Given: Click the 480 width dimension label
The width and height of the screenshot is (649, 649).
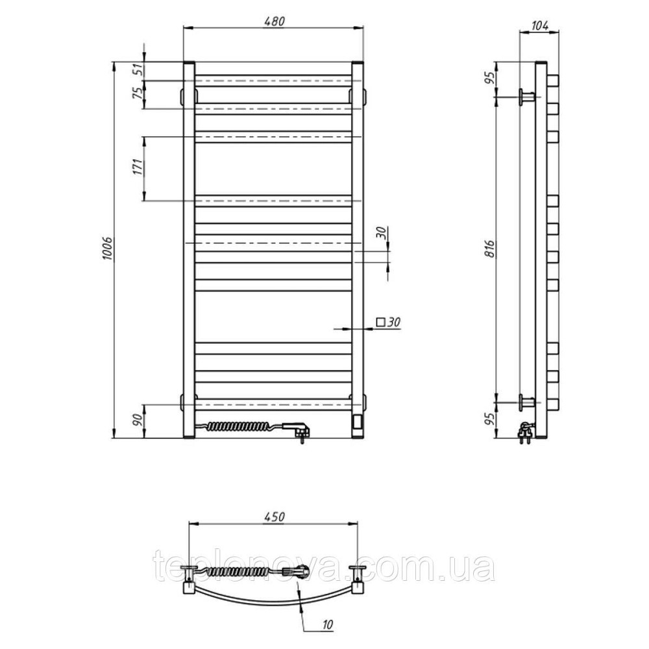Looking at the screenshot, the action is (x=275, y=21).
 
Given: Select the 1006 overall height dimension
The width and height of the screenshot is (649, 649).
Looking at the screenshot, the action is (x=107, y=249).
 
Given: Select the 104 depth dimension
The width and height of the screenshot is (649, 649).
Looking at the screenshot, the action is (x=539, y=26).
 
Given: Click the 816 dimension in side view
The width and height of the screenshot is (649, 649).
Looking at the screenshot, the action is (x=490, y=249).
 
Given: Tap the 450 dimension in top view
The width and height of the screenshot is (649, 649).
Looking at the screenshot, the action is (x=275, y=517).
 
